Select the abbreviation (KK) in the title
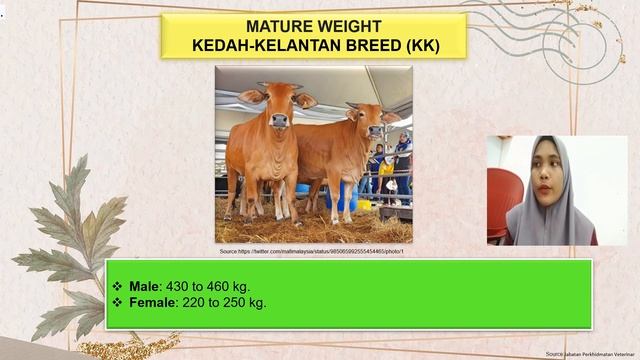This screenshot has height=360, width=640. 417,46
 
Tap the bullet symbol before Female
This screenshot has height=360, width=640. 118,302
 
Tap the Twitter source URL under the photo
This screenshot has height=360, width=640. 311,252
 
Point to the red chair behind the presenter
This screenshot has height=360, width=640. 501,200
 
